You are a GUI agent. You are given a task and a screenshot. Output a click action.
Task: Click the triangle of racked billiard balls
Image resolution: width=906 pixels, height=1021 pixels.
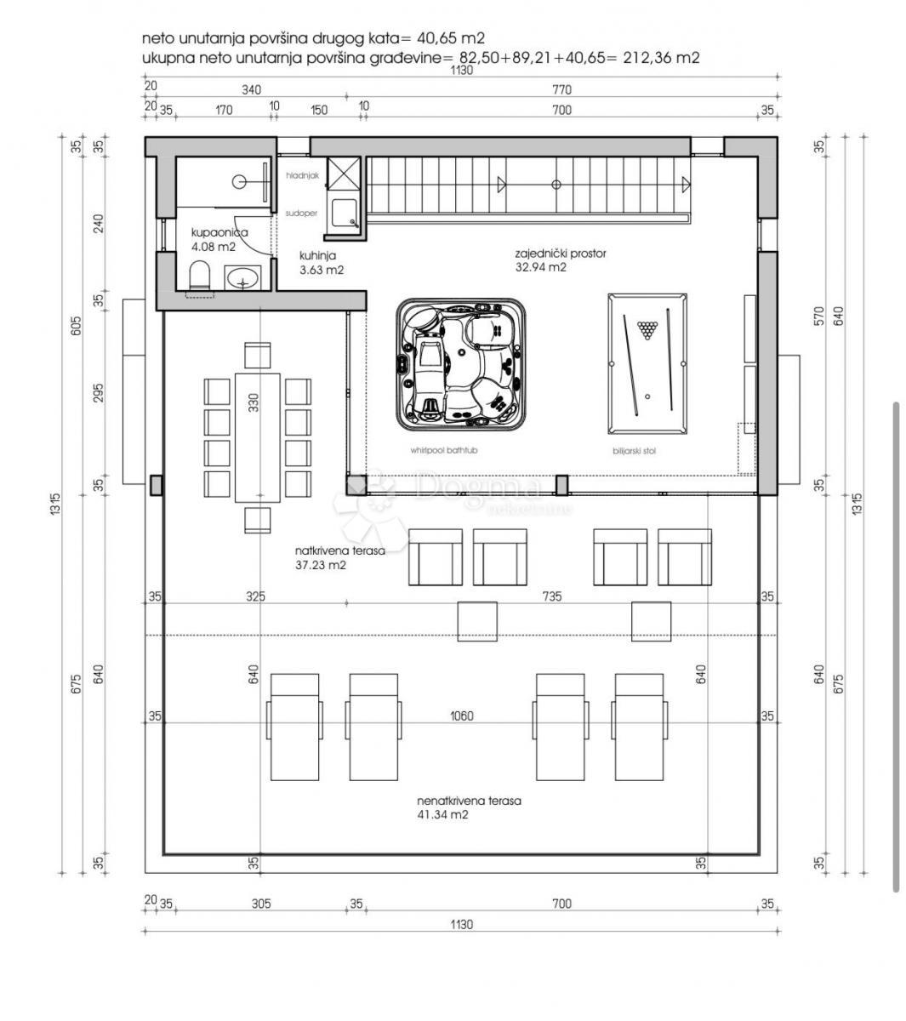647,327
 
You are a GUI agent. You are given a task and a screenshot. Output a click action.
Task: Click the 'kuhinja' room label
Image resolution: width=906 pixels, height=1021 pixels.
318,255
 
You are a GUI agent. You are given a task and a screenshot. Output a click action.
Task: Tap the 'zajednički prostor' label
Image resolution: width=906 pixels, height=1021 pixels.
560,254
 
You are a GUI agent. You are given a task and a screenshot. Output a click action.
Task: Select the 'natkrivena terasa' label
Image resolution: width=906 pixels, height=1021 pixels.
340,550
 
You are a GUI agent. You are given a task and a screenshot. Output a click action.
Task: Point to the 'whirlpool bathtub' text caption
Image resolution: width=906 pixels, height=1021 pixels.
443,450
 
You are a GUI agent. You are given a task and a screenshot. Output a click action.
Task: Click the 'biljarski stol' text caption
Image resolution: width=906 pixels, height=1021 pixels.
634,451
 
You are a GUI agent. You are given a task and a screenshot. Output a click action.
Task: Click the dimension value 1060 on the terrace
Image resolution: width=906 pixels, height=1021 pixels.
462,716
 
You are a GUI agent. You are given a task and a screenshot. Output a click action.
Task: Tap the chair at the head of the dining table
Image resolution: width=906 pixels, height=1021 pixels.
257,354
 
